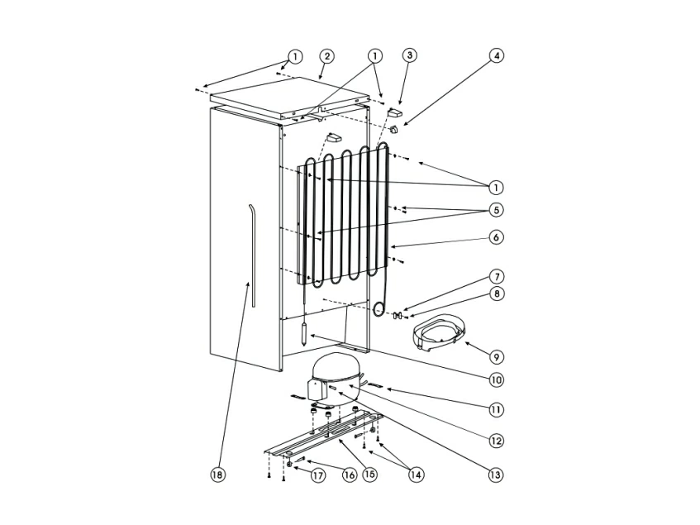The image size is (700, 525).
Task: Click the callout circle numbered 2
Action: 327,56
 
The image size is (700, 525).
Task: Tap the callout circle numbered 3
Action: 409,55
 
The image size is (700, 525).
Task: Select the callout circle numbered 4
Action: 496,55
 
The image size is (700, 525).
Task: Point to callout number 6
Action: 496,237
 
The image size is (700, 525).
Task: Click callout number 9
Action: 497,356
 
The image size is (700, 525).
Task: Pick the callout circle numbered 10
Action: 496,380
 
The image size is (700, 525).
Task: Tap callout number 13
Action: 496,474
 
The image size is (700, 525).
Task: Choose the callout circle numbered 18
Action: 217,475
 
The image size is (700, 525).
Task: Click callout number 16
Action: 350,475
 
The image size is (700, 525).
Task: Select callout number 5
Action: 496,210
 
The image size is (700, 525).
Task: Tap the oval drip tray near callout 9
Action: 437,333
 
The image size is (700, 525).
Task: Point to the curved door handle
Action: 254,255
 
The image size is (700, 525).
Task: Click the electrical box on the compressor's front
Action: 315,389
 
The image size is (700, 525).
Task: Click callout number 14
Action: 415,475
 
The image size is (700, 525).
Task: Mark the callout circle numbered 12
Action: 496,441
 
